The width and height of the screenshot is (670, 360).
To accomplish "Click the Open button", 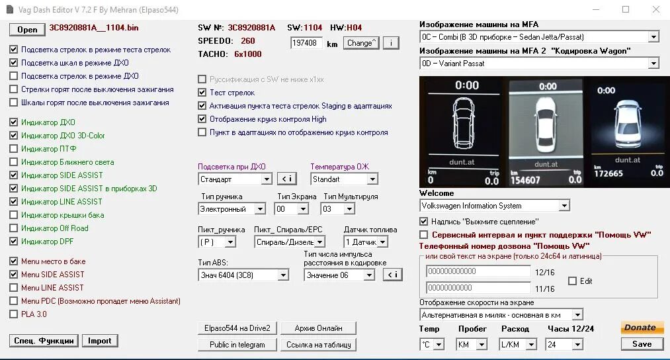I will [x=27, y=29].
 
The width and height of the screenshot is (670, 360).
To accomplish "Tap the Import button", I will [x=100, y=341].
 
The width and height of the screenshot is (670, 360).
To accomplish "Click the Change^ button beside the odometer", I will [x=361, y=43].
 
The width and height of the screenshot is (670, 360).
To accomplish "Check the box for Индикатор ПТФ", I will [x=14, y=149].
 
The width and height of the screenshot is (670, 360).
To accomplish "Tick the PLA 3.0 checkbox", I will [x=14, y=314].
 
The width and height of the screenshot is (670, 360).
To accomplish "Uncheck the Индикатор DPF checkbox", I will [x=14, y=242].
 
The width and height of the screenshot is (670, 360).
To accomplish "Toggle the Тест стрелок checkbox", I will [x=202, y=93].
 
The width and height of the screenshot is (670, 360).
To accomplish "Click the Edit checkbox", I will [x=572, y=281].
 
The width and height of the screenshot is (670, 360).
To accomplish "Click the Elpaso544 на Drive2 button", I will [x=236, y=328].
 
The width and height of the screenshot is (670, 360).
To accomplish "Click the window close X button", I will [x=655, y=9].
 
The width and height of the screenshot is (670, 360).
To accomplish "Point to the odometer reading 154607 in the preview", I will [x=526, y=180].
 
